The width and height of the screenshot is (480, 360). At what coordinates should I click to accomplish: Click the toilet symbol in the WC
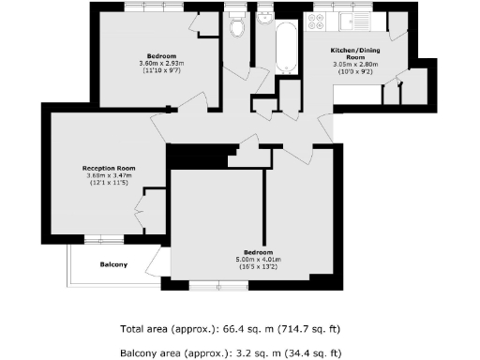pos(236,28)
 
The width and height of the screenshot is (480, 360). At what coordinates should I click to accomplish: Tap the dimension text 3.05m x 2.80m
pos(352,65)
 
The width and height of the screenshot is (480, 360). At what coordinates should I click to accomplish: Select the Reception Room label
pos(105,169)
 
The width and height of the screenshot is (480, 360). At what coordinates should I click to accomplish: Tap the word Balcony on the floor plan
pos(113,264)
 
